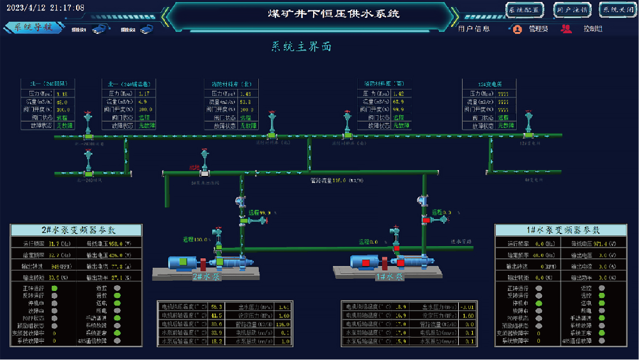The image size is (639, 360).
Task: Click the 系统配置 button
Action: tap(525, 10)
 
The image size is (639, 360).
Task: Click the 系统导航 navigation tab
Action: tap(33, 27)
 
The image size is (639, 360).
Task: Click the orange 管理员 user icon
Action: tap(518, 29)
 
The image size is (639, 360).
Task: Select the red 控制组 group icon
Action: tap(566, 29)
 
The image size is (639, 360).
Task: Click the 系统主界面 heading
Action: tap(302, 47)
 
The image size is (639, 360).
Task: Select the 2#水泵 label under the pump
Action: tap(206, 277)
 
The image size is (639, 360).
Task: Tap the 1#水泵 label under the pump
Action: tap(389, 277)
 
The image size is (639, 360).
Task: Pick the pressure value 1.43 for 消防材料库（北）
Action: tap(245, 93)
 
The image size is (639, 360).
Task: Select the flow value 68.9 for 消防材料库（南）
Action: tap(398, 102)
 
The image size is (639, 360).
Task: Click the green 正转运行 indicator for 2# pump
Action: tap(54, 288)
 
